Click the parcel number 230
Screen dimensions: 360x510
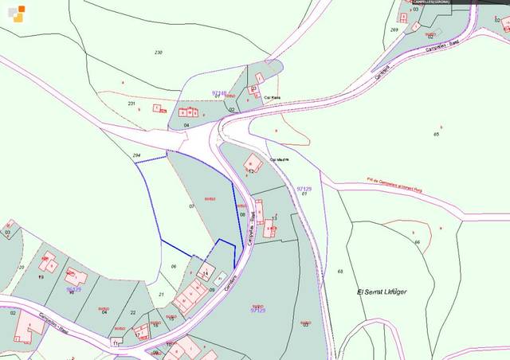click(x=158, y=53)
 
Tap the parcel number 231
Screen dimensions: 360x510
click(x=131, y=104)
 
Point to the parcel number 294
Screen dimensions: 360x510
click(x=136, y=156)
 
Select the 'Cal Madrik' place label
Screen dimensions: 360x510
click(x=279, y=158)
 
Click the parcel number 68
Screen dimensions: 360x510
click(x=340, y=272)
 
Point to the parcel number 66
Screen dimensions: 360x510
click(x=417, y=241)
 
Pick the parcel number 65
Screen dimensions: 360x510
click(x=437, y=135)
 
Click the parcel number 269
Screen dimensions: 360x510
click(x=394, y=30)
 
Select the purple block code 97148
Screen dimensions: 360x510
click(x=219, y=92)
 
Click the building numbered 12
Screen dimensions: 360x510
click(x=251, y=171)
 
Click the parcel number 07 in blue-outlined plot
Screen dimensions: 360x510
click(x=191, y=206)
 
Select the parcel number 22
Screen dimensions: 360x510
click(x=133, y=313)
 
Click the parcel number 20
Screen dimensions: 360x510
click(x=22, y=267)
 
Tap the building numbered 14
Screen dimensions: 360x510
click(x=204, y=273)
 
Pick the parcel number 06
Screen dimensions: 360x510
click(x=173, y=266)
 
